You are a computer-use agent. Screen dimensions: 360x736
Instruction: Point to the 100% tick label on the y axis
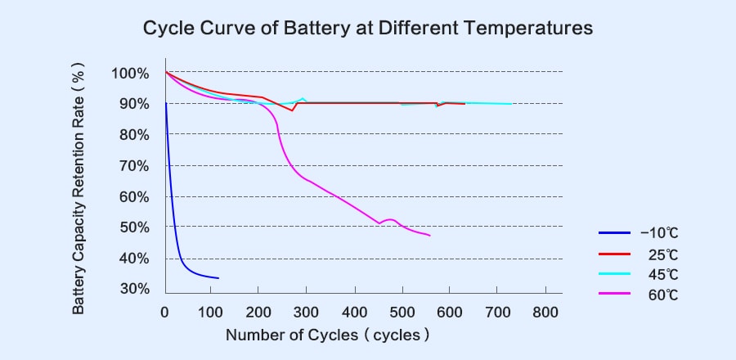[130, 74]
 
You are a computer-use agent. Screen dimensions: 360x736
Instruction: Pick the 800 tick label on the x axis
[545, 312]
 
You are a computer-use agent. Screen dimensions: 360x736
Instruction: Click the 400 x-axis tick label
[355, 312]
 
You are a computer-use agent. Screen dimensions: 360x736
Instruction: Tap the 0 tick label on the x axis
[165, 312]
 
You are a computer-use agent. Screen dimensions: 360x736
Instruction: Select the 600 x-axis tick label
[450, 312]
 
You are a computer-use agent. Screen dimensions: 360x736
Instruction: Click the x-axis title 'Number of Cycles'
[291, 335]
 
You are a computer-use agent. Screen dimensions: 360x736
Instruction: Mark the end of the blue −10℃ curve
[218, 278]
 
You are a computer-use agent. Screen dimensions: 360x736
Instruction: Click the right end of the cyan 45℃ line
[512, 104]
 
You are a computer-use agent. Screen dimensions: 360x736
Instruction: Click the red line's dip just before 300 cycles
[292, 110]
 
